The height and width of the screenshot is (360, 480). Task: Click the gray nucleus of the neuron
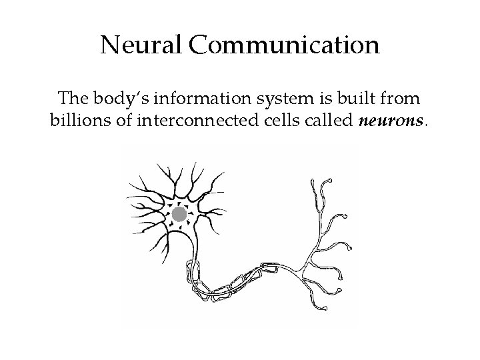(x=178, y=215)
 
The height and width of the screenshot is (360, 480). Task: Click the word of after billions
(x=113, y=123)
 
